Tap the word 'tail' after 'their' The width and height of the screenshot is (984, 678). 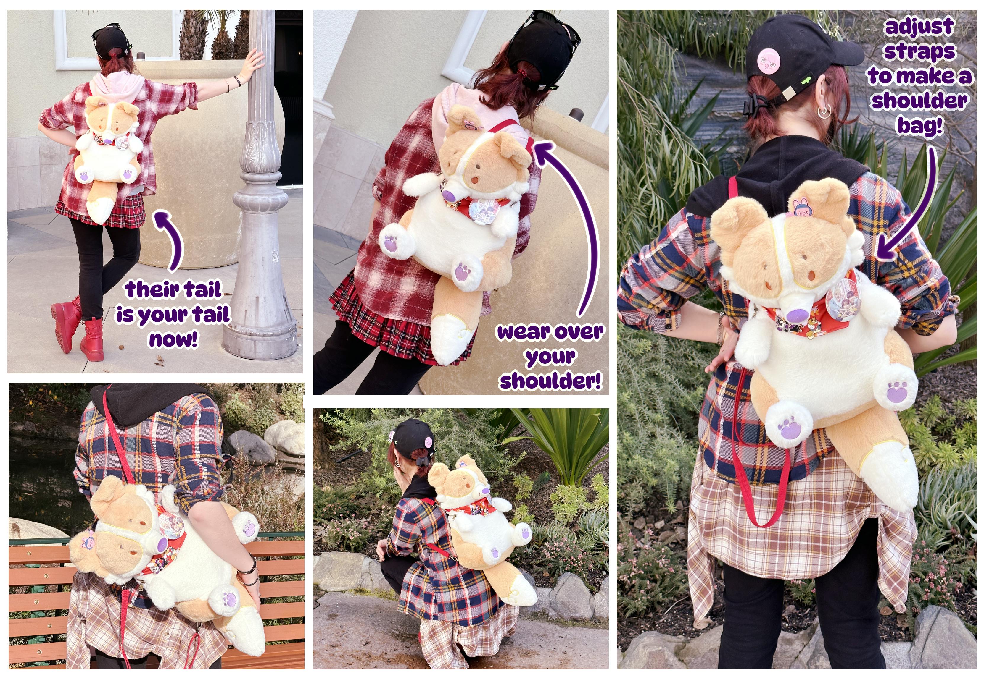(202, 290)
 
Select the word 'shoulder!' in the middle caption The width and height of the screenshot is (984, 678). (550, 380)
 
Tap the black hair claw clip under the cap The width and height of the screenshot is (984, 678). (752, 105)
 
